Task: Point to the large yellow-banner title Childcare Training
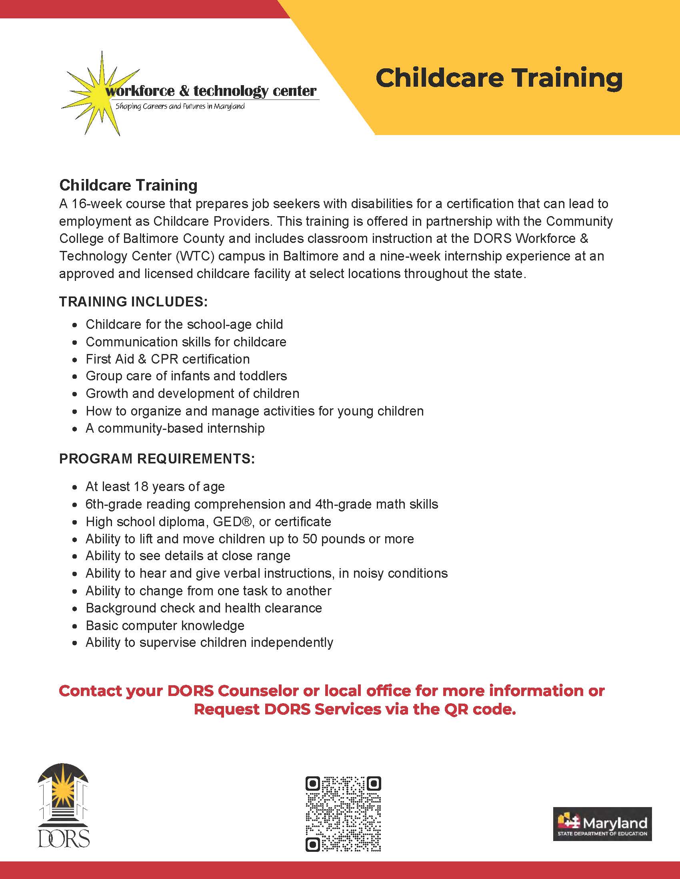pyautogui.click(x=499, y=78)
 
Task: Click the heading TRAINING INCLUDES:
pyautogui.click(x=133, y=301)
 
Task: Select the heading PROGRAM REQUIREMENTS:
pyautogui.click(x=157, y=459)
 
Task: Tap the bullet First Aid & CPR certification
pyautogui.click(x=168, y=359)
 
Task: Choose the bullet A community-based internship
pyautogui.click(x=175, y=428)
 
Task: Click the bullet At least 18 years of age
pyautogui.click(x=155, y=487)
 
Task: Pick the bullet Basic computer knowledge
pyautogui.click(x=165, y=625)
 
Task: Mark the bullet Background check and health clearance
pyautogui.click(x=204, y=608)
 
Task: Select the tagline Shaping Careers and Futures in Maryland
pyautogui.click(x=180, y=107)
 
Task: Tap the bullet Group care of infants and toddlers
pyautogui.click(x=186, y=376)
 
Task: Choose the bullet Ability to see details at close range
pyautogui.click(x=188, y=556)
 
